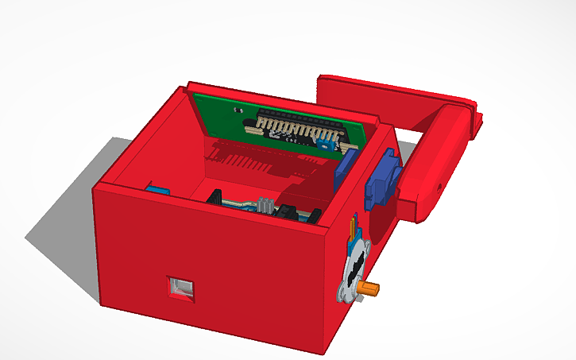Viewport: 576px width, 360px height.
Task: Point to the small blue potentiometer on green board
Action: point(327,142)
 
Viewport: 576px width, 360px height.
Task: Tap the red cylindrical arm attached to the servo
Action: point(433,159)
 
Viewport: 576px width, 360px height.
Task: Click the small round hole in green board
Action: point(237,111)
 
